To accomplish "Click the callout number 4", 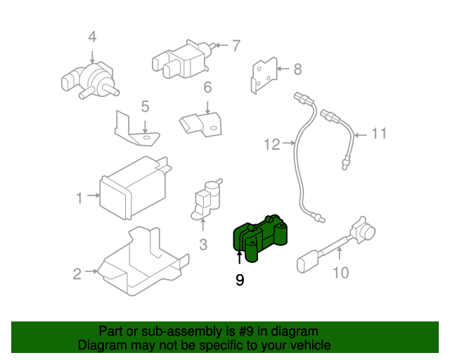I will click(x=92, y=37).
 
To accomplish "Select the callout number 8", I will click(x=297, y=69).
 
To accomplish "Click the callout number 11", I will click(x=379, y=133).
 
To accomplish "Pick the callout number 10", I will click(x=340, y=271).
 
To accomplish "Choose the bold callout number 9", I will click(x=240, y=280).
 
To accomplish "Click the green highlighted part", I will click(x=262, y=236).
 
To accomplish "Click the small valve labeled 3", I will click(x=205, y=198).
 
